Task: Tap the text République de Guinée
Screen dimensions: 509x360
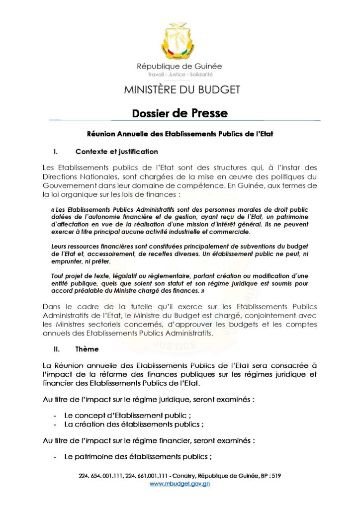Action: pos(180,67)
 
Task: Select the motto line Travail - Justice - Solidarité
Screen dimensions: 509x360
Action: pos(180,75)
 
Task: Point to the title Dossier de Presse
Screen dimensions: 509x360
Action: pos(180,113)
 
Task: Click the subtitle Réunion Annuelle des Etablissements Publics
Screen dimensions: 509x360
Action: pos(180,134)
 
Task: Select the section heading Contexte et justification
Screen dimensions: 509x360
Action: pos(116,151)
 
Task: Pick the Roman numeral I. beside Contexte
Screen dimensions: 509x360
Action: pos(56,151)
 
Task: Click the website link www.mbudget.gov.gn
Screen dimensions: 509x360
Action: pos(180,484)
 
